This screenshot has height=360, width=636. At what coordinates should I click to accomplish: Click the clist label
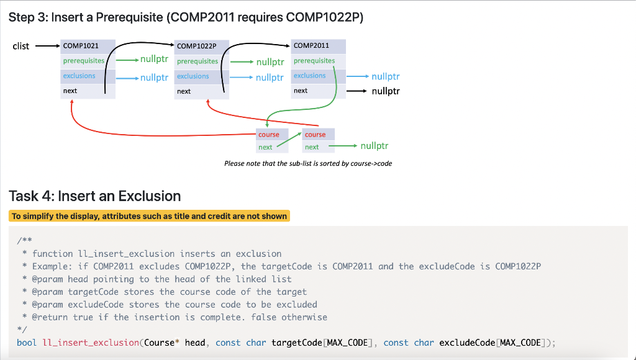[21, 46]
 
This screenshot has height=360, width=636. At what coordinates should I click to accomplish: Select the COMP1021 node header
[81, 46]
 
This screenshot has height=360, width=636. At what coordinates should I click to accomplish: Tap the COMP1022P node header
[196, 46]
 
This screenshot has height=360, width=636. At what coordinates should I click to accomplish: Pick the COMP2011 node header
[312, 45]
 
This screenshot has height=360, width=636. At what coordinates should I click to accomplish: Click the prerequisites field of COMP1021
[83, 61]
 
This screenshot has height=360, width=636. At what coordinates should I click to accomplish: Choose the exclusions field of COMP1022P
[193, 76]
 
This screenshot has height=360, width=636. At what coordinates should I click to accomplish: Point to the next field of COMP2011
[301, 91]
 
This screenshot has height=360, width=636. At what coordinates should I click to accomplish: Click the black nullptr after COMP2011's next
[386, 91]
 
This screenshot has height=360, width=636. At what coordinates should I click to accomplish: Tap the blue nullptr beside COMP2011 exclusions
[386, 77]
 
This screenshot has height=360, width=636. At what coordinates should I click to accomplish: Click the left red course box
[269, 135]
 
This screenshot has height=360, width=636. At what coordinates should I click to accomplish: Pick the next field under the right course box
[312, 147]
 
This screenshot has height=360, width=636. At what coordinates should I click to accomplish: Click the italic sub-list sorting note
[308, 163]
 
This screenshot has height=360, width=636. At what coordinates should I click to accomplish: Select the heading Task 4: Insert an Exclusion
[95, 196]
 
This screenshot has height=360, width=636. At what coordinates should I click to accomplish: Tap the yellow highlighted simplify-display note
[149, 216]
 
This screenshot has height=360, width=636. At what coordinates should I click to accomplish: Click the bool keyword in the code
[27, 343]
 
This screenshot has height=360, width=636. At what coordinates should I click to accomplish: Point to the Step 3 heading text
[186, 17]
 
